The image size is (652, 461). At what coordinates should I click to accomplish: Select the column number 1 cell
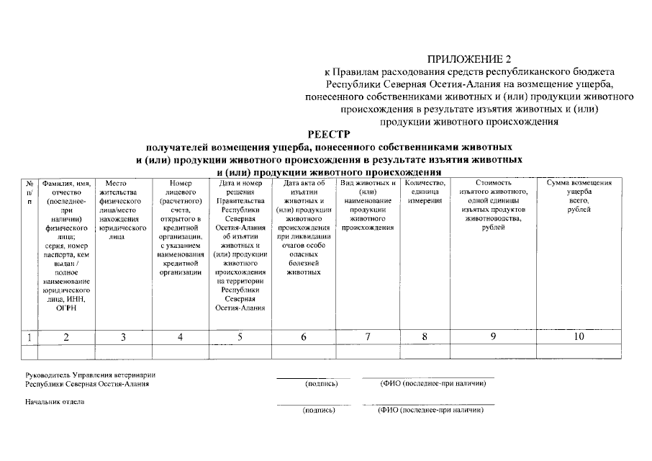30,336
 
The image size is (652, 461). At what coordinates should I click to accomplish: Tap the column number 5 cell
240,336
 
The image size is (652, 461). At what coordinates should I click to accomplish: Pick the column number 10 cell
579,336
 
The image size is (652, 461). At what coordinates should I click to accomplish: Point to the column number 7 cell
368,336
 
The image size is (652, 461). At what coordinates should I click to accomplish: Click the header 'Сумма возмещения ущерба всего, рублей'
579,196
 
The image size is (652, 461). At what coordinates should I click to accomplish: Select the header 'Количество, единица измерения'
425,192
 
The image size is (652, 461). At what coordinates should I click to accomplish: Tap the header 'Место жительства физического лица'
123,209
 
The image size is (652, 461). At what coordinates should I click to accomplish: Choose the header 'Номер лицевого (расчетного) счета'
180,227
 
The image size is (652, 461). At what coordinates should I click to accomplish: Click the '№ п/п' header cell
30,192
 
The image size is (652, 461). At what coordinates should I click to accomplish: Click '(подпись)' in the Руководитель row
321,384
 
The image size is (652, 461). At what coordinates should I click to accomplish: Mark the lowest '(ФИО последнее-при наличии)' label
430,410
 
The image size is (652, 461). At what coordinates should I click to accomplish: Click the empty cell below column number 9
493,352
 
